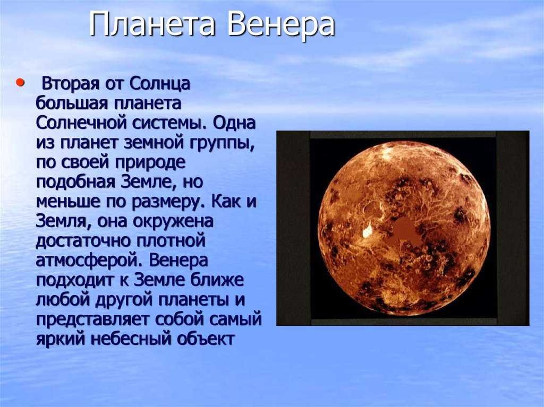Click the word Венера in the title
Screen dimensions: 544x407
click(281, 24)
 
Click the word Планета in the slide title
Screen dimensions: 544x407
click(152, 24)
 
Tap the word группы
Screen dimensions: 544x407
click(222, 143)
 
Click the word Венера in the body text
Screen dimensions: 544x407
click(178, 261)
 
